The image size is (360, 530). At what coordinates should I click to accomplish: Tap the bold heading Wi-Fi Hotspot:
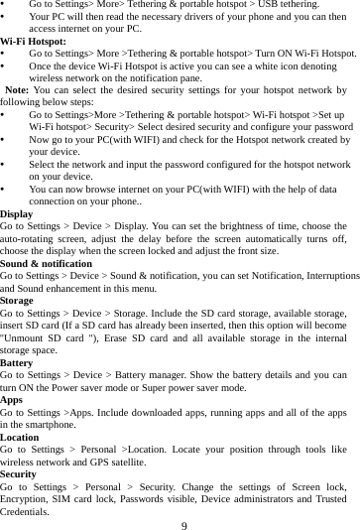[x=34, y=42]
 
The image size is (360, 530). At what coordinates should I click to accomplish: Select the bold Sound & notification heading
[x=52, y=262]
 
